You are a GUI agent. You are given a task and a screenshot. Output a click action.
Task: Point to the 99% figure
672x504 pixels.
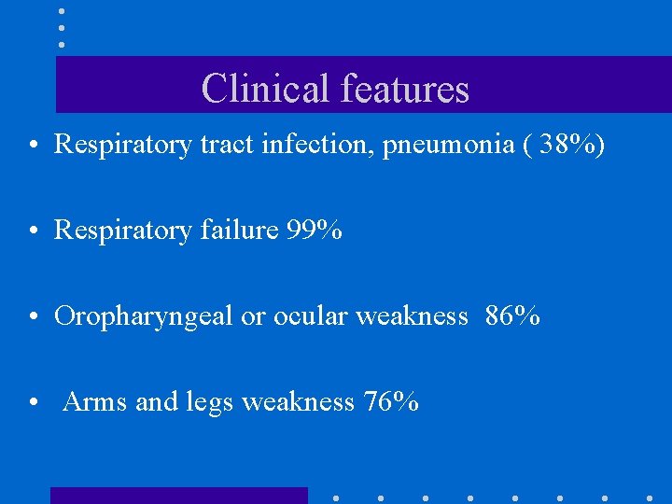click(x=314, y=230)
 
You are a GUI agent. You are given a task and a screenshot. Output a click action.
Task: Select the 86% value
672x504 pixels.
click(x=512, y=316)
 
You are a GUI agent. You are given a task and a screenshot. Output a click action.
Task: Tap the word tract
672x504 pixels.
click(x=224, y=144)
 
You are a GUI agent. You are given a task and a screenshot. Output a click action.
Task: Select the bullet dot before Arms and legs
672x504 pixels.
click(x=33, y=403)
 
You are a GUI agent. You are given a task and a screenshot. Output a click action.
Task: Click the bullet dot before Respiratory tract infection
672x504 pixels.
click(x=33, y=145)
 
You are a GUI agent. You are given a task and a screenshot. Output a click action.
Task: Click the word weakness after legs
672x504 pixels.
click(x=298, y=402)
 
